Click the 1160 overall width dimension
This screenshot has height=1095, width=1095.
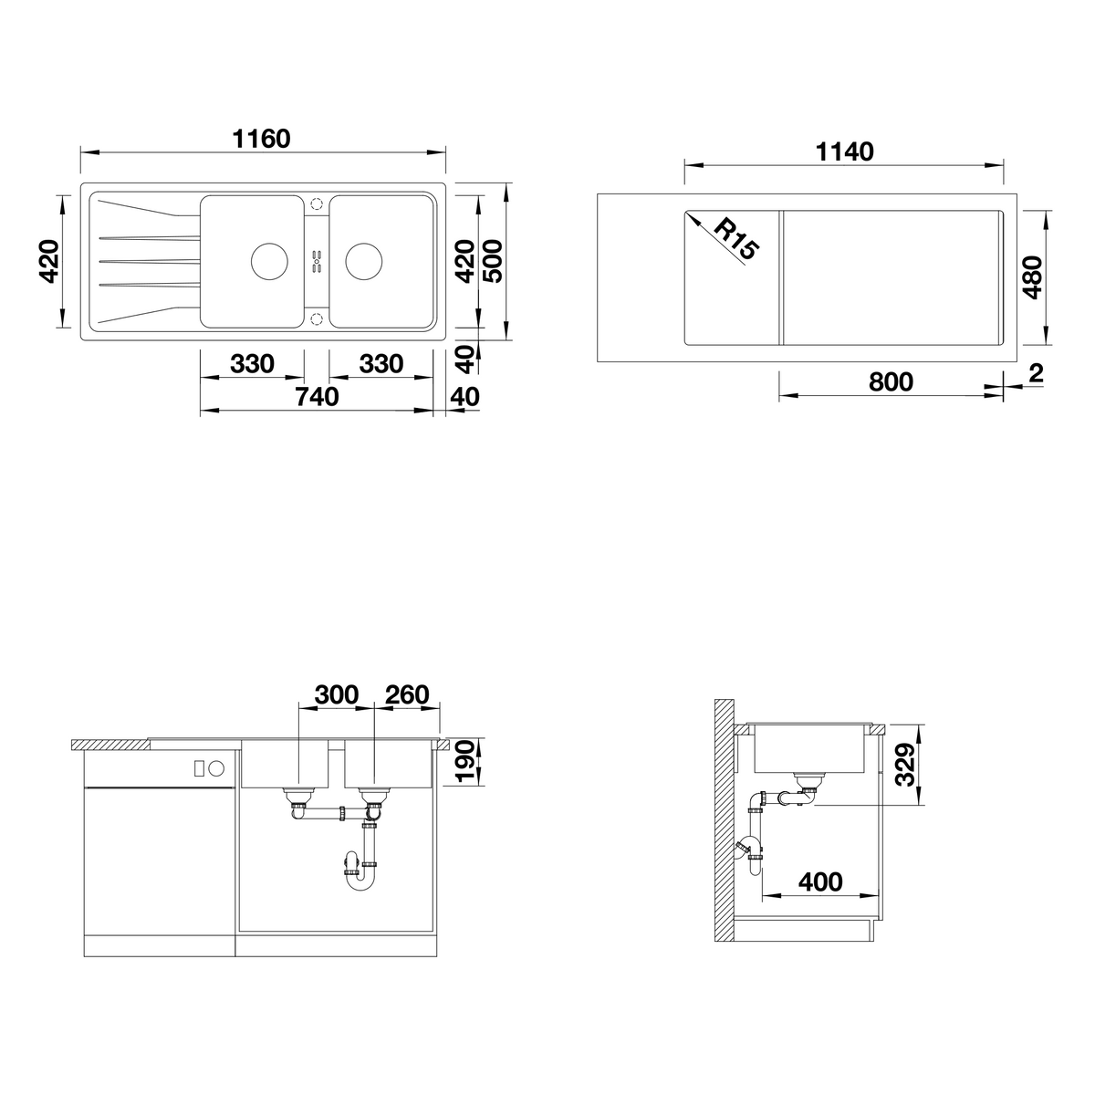coord(261,140)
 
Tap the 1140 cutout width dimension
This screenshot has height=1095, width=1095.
coord(844,152)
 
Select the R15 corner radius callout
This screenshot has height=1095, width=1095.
coord(735,239)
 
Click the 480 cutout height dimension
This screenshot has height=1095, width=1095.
coord(1032,278)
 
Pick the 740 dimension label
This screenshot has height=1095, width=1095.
coord(317,397)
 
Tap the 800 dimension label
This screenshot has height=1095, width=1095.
coord(891,381)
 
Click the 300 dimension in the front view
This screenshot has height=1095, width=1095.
coord(337,695)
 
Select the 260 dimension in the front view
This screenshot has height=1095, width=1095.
coord(407,695)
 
